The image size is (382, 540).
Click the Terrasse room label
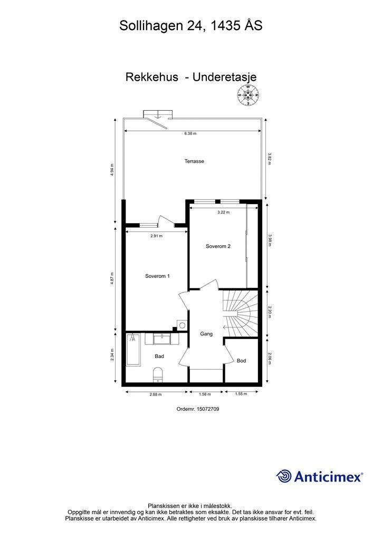(194, 161)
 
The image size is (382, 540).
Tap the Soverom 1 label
(157, 276)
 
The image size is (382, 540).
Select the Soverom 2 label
(218, 246)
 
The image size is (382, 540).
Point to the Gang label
(206, 334)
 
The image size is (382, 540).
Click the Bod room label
(242, 361)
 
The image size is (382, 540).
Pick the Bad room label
(159, 356)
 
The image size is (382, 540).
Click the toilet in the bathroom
(158, 374)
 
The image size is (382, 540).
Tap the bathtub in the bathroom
(133, 349)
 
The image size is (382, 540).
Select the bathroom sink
(161, 339)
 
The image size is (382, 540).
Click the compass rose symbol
(247, 95)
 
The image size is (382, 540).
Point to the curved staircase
(240, 313)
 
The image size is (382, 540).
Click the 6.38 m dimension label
(190, 133)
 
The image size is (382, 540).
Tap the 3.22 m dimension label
(223, 212)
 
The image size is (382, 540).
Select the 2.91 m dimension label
(156, 236)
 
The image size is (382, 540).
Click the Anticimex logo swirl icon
(284, 476)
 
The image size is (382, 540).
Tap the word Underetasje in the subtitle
(225, 77)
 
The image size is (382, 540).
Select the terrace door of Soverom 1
(163, 221)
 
